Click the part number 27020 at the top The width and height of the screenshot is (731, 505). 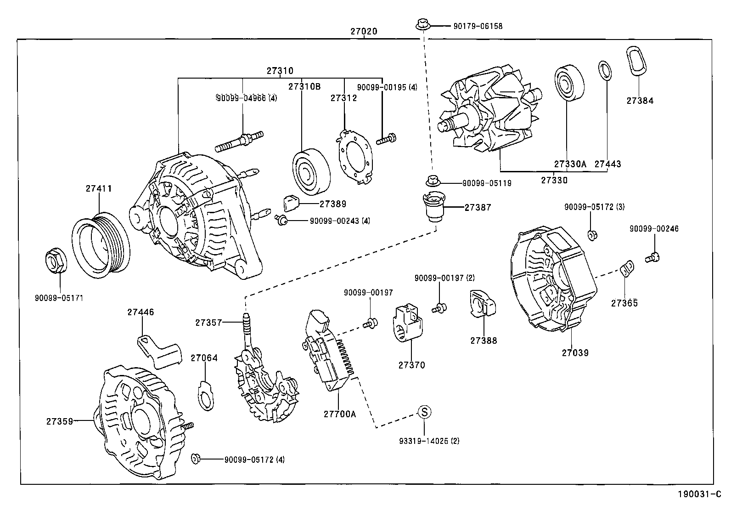pos(364,32)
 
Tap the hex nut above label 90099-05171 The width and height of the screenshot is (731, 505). pos(56,261)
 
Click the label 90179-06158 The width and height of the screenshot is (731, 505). pos(478,26)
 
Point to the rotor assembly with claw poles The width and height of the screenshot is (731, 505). pos(489,110)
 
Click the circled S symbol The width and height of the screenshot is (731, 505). pos(424,412)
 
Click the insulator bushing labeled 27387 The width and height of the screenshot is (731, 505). pos(433,207)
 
